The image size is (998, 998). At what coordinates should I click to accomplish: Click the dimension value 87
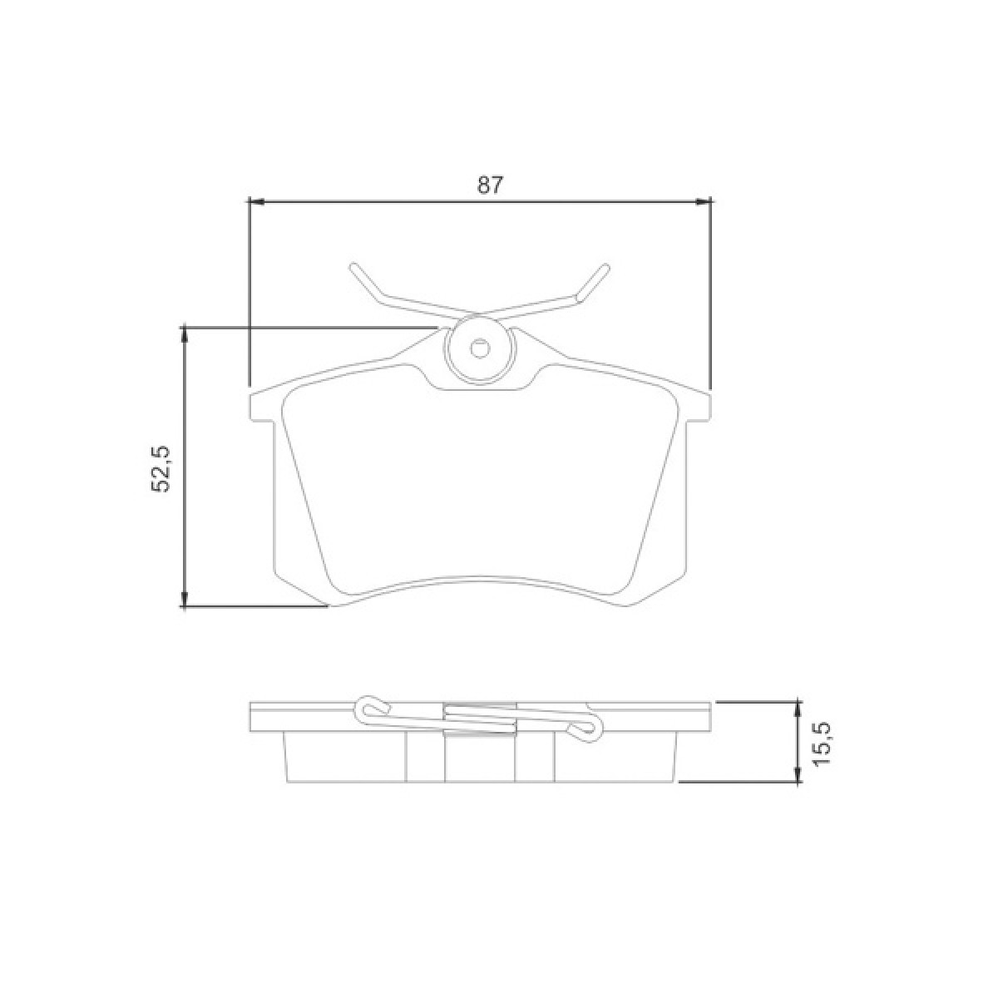[x=490, y=185]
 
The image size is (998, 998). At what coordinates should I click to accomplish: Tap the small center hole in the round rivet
[x=479, y=348]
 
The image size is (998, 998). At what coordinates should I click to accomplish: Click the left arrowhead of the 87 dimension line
[x=256, y=201]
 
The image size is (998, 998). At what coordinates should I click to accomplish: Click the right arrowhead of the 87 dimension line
[x=704, y=201]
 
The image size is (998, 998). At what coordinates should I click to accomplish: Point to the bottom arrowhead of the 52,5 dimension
[x=185, y=600]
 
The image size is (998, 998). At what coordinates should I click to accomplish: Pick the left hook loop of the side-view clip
[x=372, y=708]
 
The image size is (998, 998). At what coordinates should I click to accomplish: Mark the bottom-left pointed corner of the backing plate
[x=329, y=606]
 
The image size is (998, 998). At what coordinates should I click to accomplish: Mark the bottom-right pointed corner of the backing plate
[x=630, y=606]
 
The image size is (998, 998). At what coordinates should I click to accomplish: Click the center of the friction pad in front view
[x=479, y=491]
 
